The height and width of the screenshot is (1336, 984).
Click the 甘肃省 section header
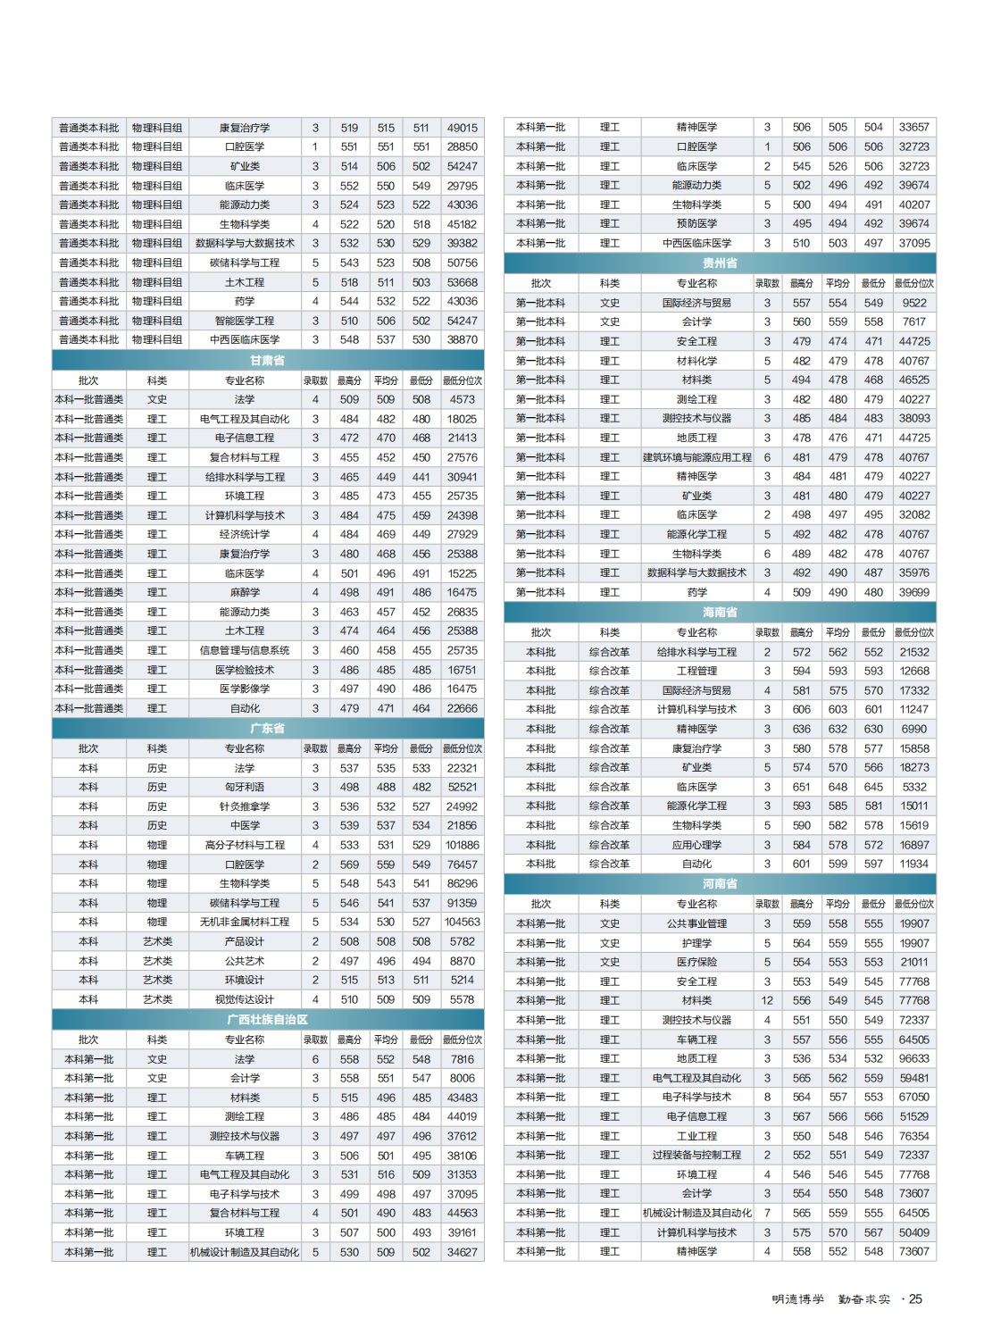coord(267,361)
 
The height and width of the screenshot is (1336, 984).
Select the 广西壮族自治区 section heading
coord(267,1020)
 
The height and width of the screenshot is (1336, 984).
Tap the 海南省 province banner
coord(720,613)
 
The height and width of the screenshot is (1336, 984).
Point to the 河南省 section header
coord(720,884)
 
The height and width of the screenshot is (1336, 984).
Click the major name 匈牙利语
coord(245,788)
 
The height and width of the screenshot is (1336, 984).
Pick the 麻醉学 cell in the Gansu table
coord(245,593)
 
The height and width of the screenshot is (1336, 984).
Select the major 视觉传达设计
coord(245,1000)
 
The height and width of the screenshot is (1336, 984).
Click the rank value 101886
coord(463,846)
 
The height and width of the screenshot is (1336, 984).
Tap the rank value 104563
coord(463,923)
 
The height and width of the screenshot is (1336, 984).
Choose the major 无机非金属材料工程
coord(245,923)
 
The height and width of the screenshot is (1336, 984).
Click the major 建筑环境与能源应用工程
coord(697,457)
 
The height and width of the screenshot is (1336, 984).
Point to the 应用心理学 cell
coord(697,845)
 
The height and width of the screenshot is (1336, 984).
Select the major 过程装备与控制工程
coord(697,1156)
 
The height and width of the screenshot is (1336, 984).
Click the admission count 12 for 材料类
coord(767,1001)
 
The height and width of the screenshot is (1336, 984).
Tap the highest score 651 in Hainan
coord(802,788)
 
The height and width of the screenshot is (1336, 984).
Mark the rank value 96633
coord(914,1059)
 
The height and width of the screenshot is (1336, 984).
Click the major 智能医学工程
coord(245,321)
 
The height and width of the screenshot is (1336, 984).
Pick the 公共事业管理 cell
coord(697,924)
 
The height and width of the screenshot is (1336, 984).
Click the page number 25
coord(915,1299)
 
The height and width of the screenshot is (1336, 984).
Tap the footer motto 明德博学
coord(798,1299)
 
